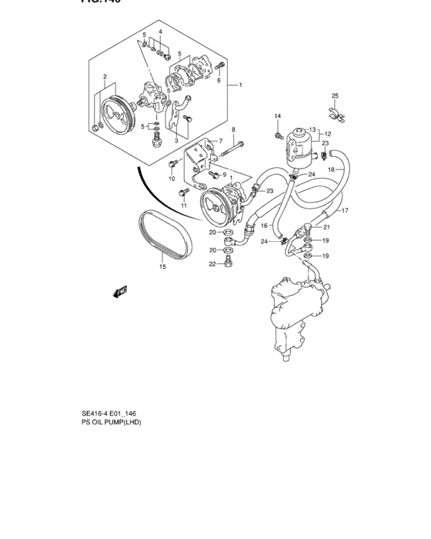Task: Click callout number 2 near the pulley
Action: point(103,77)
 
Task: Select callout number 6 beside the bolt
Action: point(219,80)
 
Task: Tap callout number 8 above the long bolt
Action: point(233,130)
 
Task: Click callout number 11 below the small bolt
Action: point(184,206)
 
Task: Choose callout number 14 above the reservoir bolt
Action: point(276,116)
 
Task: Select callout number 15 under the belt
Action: point(162,267)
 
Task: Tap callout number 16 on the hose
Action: point(263,226)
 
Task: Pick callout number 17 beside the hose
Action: point(346,210)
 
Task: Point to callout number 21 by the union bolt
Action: point(326,227)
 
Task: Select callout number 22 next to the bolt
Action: point(212,264)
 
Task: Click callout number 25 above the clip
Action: point(335,95)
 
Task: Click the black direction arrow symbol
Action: point(120,292)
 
